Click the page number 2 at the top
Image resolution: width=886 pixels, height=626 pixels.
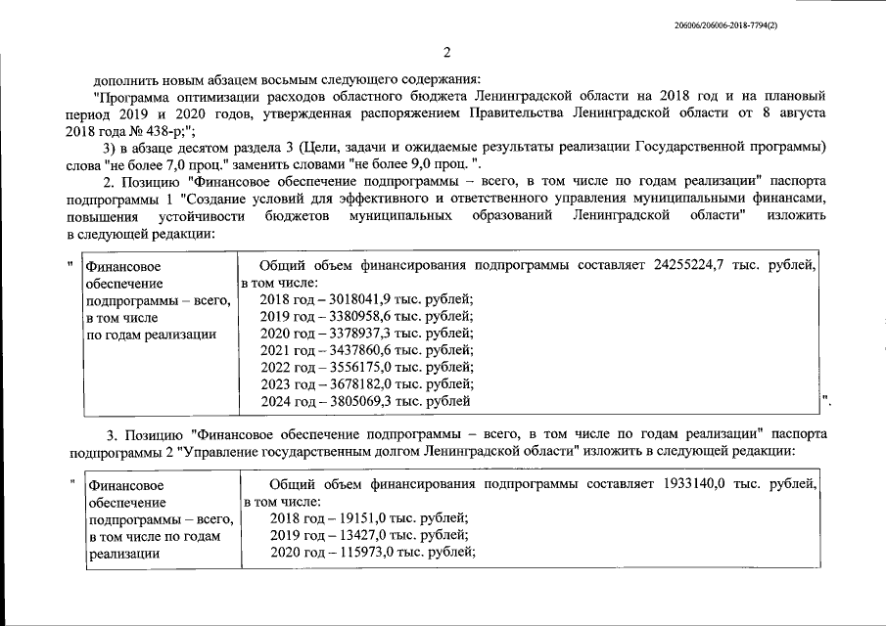pos(445,52)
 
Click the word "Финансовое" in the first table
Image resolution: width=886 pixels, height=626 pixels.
pos(122,265)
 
